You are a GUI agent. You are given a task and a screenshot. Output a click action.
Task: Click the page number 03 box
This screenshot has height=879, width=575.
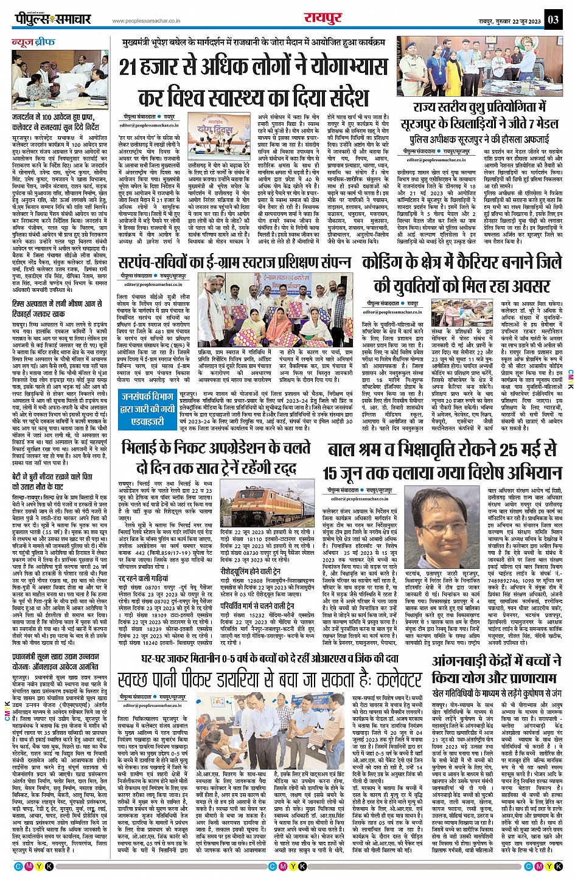[x=552, y=19]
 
